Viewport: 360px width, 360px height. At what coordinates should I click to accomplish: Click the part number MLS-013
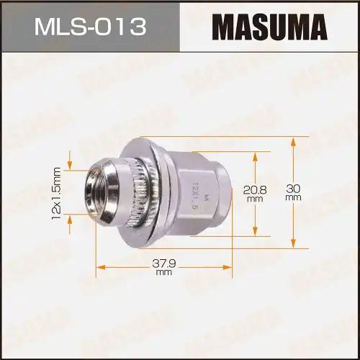(x=89, y=27)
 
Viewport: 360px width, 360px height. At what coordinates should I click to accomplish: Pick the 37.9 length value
(x=163, y=264)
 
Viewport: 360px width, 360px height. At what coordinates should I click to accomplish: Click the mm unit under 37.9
(x=163, y=273)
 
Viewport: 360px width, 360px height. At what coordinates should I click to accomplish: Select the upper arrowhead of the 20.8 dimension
(x=253, y=154)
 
